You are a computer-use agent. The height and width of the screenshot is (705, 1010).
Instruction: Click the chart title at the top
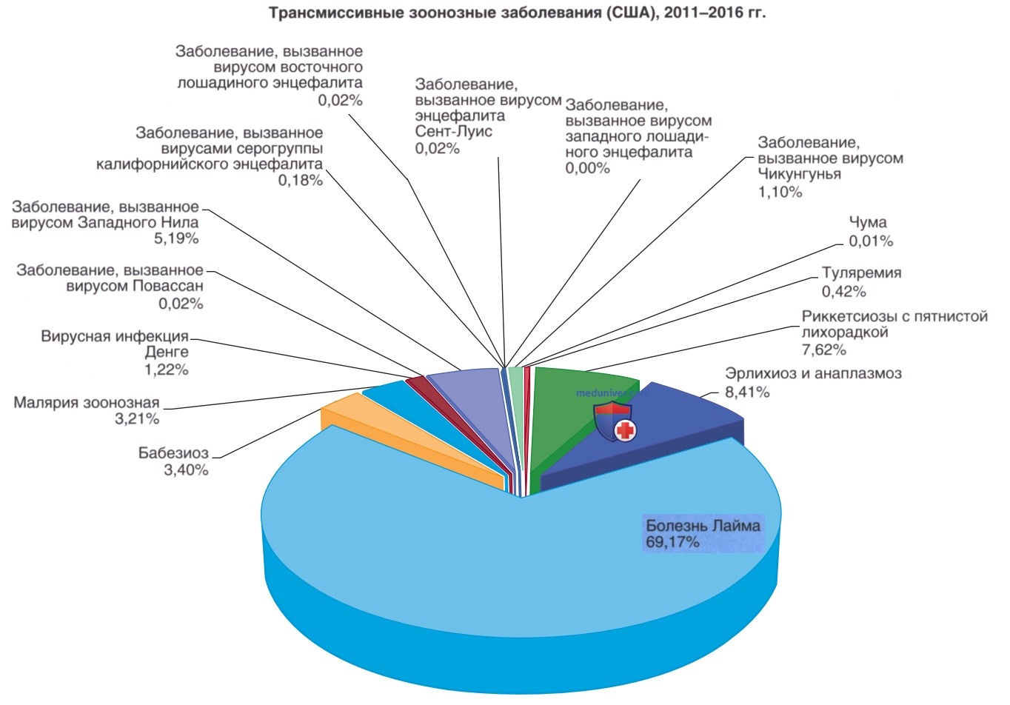point(518,12)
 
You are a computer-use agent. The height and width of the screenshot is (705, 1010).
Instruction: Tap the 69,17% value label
point(672,542)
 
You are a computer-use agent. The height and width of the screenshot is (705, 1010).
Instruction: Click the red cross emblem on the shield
point(625,430)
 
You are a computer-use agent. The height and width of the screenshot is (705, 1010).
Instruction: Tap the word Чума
point(868,222)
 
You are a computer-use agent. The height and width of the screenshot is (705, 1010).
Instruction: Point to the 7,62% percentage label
point(824,350)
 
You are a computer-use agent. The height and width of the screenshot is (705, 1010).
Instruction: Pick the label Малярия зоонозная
point(87,402)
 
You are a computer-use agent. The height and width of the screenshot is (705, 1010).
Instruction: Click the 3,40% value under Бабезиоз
point(186,470)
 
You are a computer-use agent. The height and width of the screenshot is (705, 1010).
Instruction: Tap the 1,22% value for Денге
point(166,370)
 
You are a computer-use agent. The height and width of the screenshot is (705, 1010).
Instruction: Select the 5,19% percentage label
point(176,238)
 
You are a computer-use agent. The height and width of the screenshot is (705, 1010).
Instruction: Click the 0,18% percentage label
point(301,181)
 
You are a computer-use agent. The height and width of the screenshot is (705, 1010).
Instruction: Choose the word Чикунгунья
point(800,174)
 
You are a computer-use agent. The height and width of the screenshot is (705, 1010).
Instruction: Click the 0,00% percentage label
point(587,168)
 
